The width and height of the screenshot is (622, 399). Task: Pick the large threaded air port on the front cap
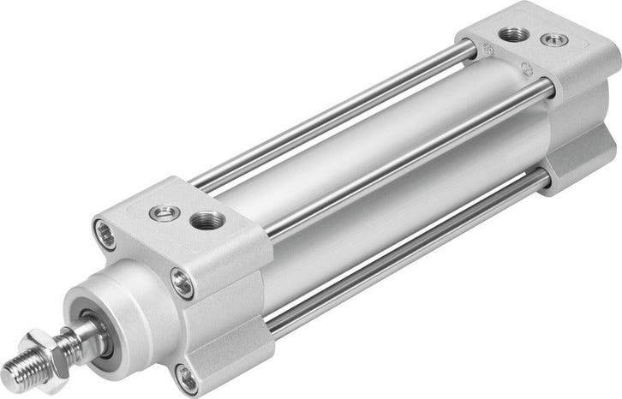click(208, 221)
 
